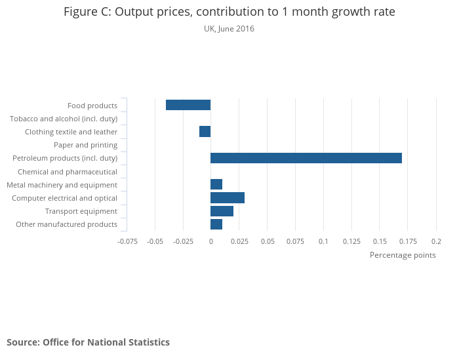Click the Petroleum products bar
point(306,158)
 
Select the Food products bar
point(188,105)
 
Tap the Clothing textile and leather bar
point(205,131)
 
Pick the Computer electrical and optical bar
point(228,197)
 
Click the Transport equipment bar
point(222,210)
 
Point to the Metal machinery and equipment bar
point(216,184)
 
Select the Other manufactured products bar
point(216,224)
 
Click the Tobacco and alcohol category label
point(64,119)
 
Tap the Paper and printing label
point(85,145)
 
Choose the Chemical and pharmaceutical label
point(68,171)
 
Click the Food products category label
point(92,106)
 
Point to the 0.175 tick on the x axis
point(408,241)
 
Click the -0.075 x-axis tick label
point(127,241)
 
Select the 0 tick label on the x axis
point(210,241)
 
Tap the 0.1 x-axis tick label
point(323,241)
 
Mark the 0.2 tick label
point(436,241)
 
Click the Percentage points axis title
point(403,255)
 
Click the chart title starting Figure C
point(229,12)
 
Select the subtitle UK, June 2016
point(229,29)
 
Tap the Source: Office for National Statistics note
point(88,342)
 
